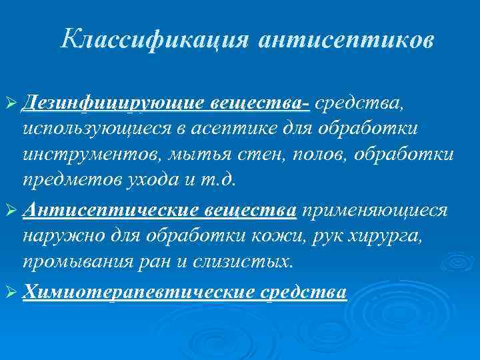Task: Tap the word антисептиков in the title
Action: (347, 40)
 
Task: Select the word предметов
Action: (68, 180)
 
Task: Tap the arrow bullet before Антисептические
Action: (11, 211)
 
